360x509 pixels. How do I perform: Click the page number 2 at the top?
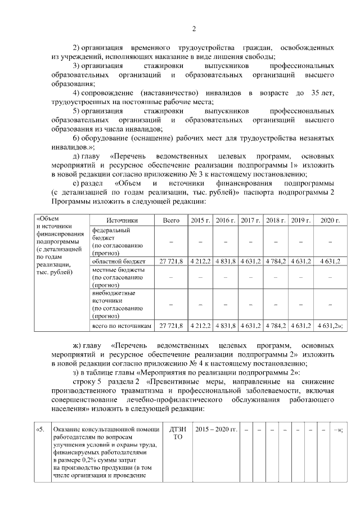[x=193, y=29]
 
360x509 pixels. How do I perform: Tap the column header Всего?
[x=171, y=220]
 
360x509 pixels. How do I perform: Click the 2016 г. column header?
[x=225, y=220]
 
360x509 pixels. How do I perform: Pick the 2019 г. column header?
[x=300, y=220]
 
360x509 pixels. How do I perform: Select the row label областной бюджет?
[x=119, y=262]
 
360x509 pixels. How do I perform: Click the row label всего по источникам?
[x=121, y=326]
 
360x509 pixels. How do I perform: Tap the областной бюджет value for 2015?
[x=200, y=262]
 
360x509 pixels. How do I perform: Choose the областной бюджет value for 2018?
[x=276, y=262]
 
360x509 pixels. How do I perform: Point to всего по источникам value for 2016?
[x=225, y=326]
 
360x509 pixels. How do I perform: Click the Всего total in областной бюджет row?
[x=171, y=262]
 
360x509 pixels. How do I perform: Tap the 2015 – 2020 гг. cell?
[x=216, y=430]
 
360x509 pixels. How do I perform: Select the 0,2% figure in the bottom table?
[x=90, y=460]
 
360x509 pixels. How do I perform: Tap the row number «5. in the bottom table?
[x=39, y=430]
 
